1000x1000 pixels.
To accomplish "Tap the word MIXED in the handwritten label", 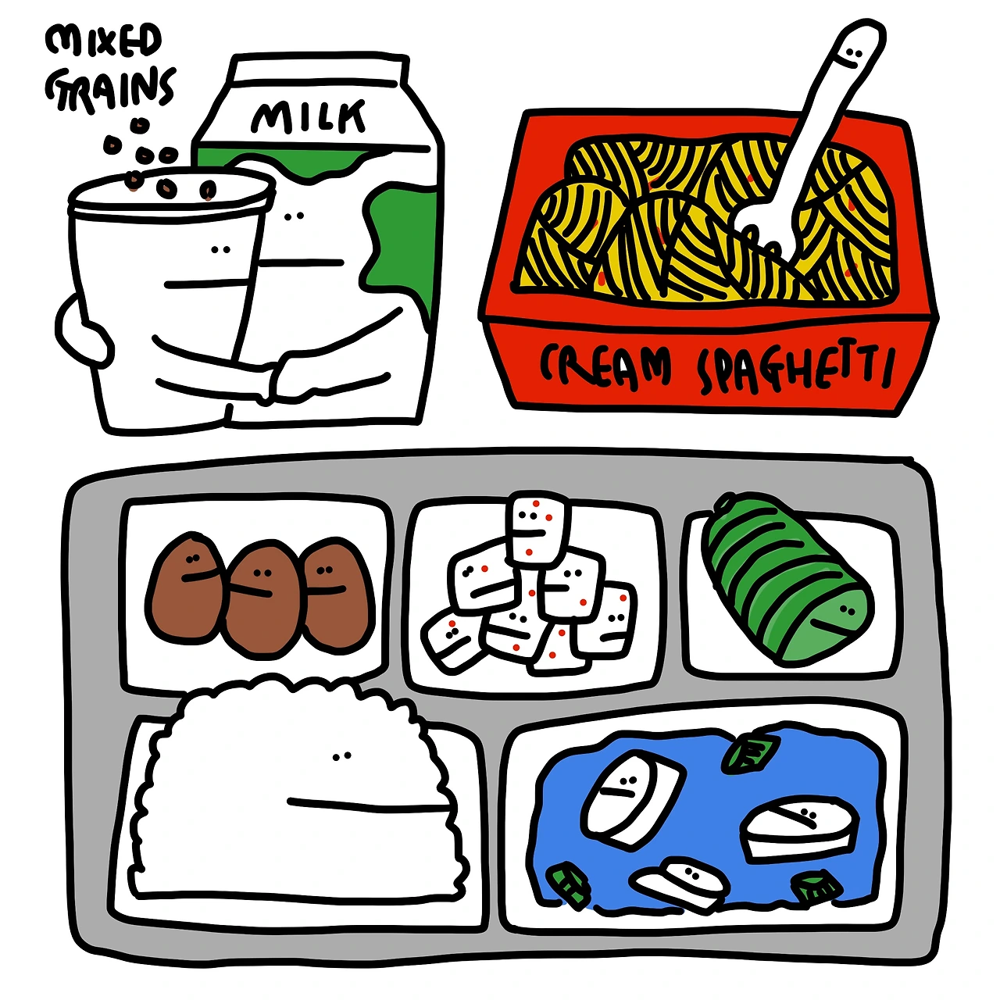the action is point(103,41).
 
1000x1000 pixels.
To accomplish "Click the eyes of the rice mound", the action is point(342,755).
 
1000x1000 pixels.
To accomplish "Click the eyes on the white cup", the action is point(221,250).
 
